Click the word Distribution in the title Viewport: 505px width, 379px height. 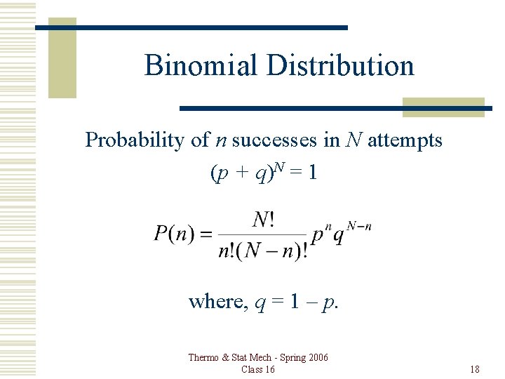[340, 66]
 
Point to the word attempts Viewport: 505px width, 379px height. [405, 140]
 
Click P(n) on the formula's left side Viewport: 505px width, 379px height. [175, 233]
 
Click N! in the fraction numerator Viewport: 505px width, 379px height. [263, 220]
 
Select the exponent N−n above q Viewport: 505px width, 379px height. [358, 225]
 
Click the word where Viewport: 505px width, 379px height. [215, 302]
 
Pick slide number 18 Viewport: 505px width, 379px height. [475, 370]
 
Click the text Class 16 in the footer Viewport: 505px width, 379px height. [257, 370]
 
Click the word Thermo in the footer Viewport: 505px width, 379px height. [204, 358]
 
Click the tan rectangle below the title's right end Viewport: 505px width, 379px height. [444, 107]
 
